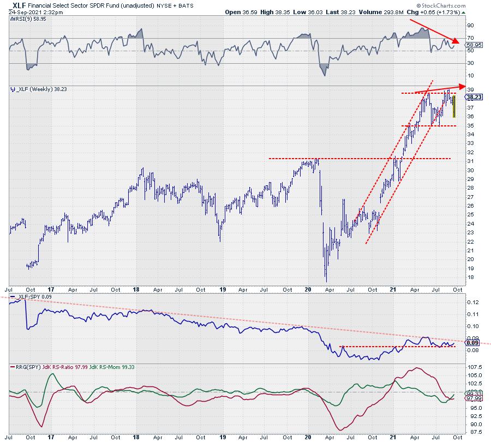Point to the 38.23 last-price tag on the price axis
472,96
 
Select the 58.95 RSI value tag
472,45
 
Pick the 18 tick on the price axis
470,277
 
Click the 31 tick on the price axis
470,161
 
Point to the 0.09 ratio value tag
472,343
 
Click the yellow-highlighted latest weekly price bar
454,106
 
